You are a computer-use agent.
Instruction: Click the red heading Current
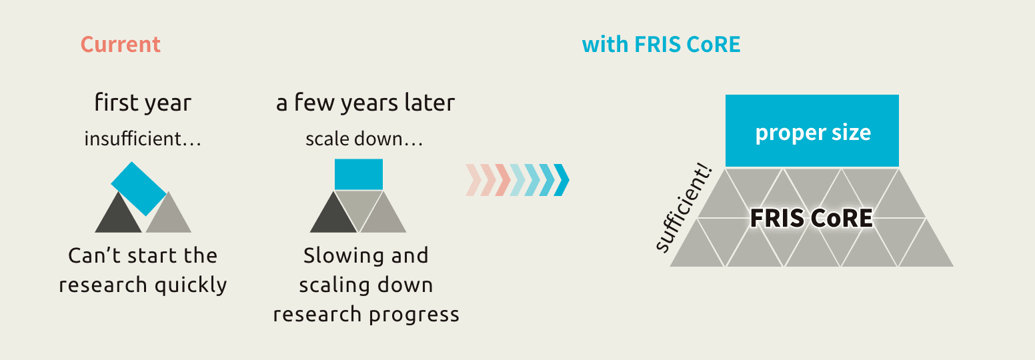click(121, 45)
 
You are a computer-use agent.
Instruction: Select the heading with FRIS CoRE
click(661, 45)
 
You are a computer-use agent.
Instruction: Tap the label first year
click(143, 103)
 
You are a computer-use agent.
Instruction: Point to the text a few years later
click(365, 103)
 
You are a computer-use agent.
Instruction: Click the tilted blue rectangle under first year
click(139, 189)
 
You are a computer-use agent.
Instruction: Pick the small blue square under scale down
click(359, 174)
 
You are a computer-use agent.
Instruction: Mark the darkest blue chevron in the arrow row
click(562, 180)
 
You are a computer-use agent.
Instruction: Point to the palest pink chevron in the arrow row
click(473, 180)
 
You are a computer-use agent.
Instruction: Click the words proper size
click(813, 133)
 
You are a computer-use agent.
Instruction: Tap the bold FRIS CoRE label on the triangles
click(812, 218)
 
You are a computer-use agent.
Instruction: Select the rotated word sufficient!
click(684, 209)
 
